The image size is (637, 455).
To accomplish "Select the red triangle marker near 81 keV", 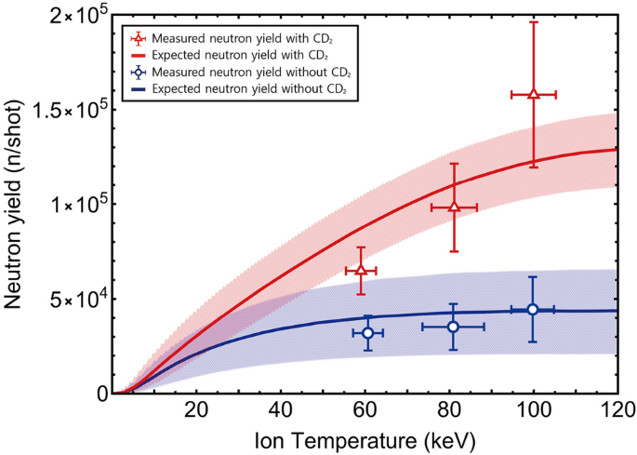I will [x=454, y=207].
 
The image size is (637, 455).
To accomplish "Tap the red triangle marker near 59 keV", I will [x=361, y=270].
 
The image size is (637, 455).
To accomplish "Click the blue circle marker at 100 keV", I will [x=533, y=309].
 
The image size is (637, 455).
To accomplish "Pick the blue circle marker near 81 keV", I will [x=453, y=327].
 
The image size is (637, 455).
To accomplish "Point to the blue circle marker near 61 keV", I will [x=368, y=332].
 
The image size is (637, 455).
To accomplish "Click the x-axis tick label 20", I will [x=196, y=410].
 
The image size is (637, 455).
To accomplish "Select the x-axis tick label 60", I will [x=365, y=410].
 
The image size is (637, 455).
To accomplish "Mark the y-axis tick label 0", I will [x=100, y=394].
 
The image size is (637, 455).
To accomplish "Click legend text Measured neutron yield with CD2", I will [x=232, y=38].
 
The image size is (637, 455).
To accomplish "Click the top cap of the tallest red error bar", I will [x=534, y=21].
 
